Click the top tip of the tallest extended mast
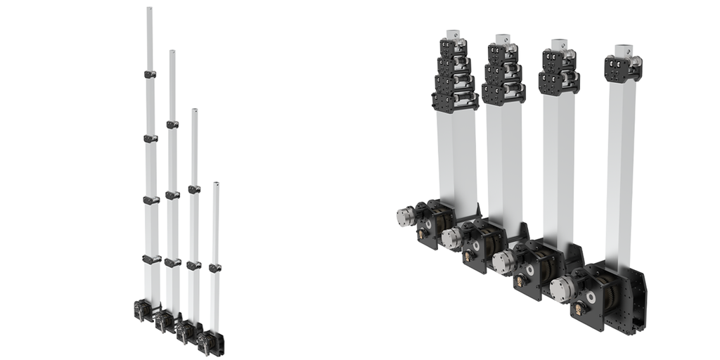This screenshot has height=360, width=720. tap(150, 9)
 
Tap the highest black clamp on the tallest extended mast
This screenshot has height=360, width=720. tap(150, 75)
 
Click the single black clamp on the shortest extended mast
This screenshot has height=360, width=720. tap(214, 268)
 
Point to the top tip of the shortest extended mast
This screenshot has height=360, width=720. tap(216, 184)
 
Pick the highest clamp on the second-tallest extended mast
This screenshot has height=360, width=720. tap(172, 124)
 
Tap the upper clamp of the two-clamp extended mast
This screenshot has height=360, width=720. tap(194, 189)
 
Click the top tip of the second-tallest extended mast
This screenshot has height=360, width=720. tap(172, 52)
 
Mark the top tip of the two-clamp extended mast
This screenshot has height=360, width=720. tap(195, 110)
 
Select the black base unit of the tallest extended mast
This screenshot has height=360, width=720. tap(143, 309)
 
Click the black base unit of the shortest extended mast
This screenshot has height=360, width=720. tap(209, 342)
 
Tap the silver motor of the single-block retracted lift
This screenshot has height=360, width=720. tap(560, 286)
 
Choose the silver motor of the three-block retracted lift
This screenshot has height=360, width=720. tap(450, 237)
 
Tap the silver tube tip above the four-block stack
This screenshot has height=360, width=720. tap(452, 34)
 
